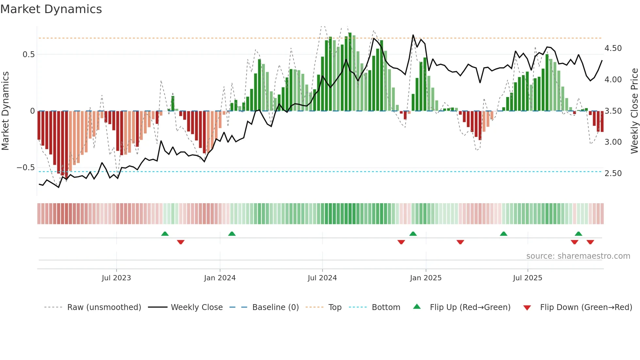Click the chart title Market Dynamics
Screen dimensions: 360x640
point(51,9)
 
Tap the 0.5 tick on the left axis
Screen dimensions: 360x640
point(28,55)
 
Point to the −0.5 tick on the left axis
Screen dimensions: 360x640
point(26,168)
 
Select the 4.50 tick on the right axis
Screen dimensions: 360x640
point(613,48)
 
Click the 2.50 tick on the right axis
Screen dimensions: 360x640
point(613,173)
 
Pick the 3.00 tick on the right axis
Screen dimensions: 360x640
point(613,142)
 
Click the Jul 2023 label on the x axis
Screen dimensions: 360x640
point(116,278)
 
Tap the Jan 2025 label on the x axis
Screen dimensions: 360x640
point(425,278)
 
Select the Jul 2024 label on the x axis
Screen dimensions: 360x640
point(322,278)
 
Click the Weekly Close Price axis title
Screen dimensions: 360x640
point(634,111)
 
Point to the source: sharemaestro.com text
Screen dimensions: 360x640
point(578,256)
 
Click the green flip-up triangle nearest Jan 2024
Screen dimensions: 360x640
point(232,234)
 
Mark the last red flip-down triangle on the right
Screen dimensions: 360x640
point(590,242)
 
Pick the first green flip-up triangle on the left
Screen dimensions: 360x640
point(165,234)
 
